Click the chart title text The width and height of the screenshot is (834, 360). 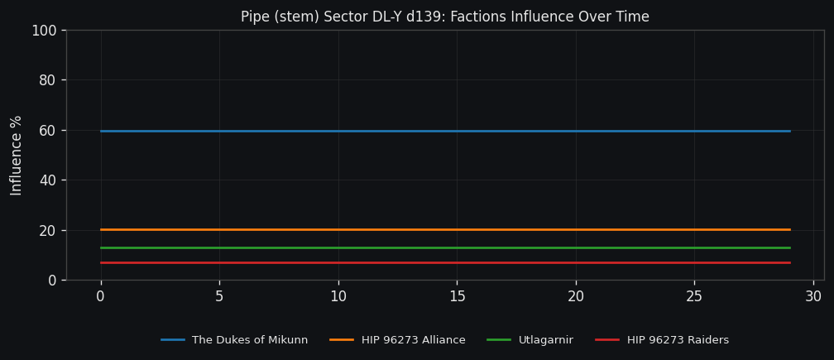coord(444,17)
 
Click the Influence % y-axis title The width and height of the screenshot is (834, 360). coord(17,155)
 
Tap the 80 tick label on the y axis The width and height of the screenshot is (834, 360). coord(47,80)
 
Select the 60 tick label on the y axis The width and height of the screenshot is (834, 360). coord(47,131)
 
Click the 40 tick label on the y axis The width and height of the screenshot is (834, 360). coord(47,180)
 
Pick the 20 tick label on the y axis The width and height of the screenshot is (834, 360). coord(47,230)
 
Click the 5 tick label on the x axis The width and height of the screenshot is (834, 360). coord(219,296)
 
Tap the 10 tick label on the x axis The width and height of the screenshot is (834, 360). coord(338,296)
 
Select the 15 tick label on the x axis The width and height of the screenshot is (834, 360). coord(457,296)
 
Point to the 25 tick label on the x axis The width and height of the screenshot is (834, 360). coord(694,296)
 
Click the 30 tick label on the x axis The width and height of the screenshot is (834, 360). coord(813,296)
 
